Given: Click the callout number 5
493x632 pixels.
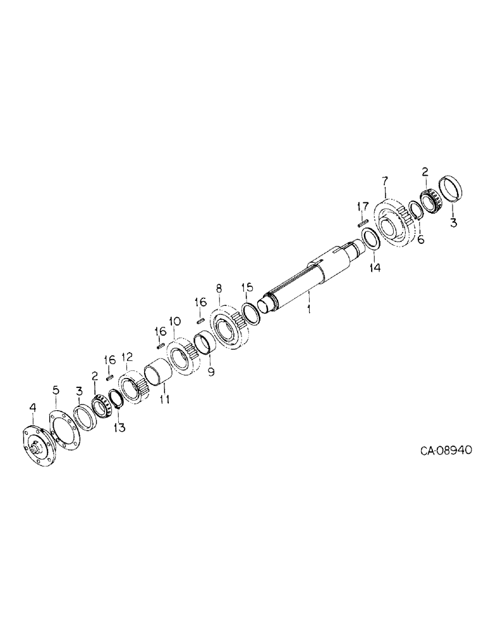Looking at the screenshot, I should click(x=56, y=391).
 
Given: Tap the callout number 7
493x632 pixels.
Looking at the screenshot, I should click(x=384, y=182).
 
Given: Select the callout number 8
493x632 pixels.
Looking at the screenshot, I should click(x=219, y=289).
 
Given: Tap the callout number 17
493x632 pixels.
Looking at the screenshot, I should click(x=362, y=206).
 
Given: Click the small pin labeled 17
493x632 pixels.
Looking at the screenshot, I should click(x=362, y=222).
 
